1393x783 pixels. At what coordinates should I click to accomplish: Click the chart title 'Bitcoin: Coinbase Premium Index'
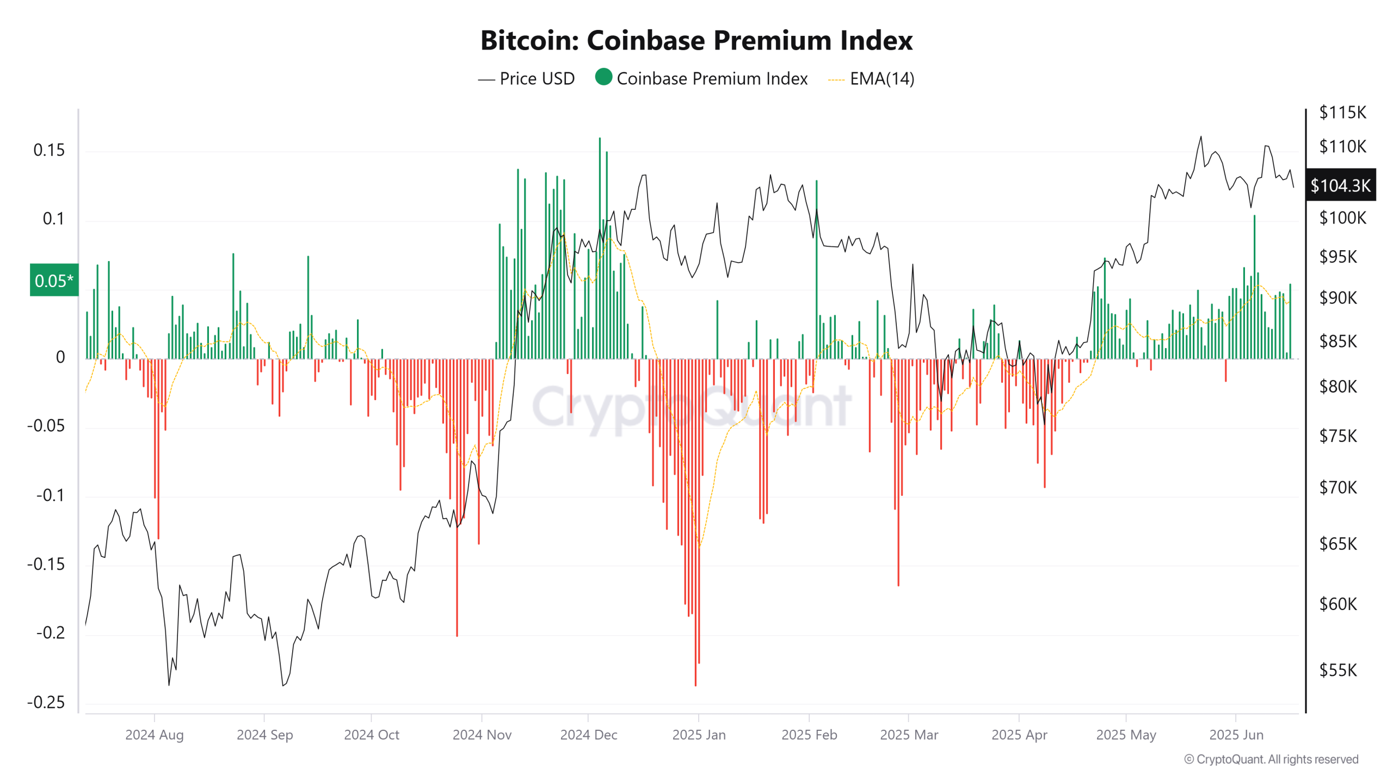click(696, 40)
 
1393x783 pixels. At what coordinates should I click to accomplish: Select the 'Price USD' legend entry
click(526, 79)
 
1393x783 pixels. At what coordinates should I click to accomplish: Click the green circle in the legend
click(603, 77)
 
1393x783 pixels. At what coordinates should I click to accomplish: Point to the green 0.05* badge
click(54, 281)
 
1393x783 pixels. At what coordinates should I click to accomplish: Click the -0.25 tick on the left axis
click(46, 702)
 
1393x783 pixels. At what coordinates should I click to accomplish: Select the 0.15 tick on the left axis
click(49, 150)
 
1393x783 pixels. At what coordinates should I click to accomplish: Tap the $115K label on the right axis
click(1342, 113)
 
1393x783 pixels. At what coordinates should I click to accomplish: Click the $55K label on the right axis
click(1337, 670)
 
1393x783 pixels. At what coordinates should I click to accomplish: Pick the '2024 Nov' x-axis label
click(482, 735)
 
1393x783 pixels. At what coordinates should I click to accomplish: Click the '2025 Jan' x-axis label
click(699, 735)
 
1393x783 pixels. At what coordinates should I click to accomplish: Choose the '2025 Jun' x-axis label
click(1236, 735)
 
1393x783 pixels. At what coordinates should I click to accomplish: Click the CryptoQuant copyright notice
click(1271, 759)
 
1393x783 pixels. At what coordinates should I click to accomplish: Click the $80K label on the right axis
click(1337, 387)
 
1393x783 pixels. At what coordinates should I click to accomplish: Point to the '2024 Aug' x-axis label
click(155, 735)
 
